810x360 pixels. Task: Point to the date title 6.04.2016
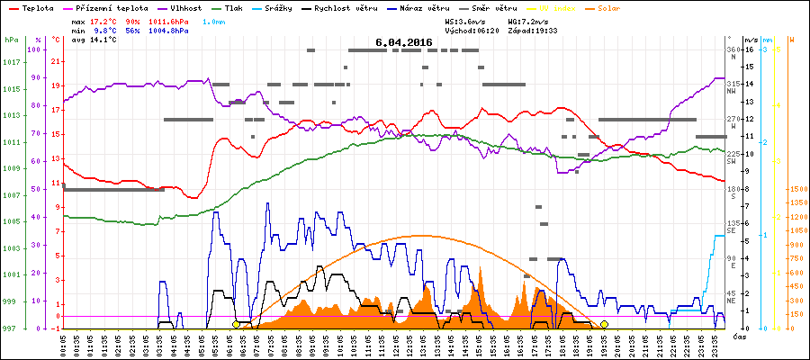tap(404, 42)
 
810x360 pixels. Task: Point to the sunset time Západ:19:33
tap(533, 30)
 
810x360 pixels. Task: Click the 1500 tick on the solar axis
tap(797, 190)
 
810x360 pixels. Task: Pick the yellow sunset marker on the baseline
tap(605, 324)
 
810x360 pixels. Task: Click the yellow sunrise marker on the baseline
tap(237, 324)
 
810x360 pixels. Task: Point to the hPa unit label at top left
tap(11, 40)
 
